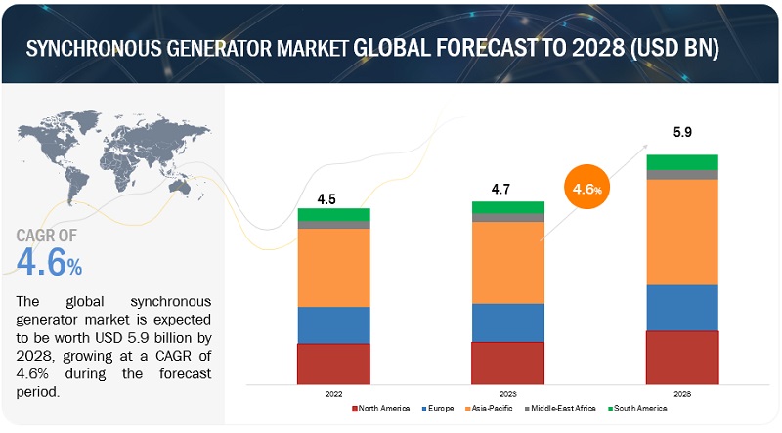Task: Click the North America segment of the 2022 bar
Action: pos(333,363)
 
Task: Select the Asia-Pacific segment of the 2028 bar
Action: pos(681,232)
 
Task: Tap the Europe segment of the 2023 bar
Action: pos(507,323)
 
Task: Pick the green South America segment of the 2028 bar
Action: pos(681,161)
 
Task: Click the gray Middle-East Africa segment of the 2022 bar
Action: pos(333,225)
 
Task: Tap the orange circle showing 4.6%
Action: pos(586,189)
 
